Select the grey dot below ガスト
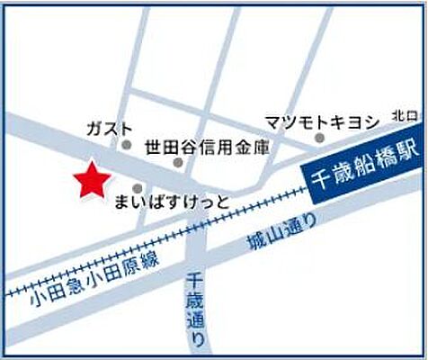[x=126, y=144]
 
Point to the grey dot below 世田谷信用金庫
[x=179, y=163]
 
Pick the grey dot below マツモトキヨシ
[x=319, y=138]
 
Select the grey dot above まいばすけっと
[x=138, y=188]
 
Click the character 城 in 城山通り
[x=254, y=244]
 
